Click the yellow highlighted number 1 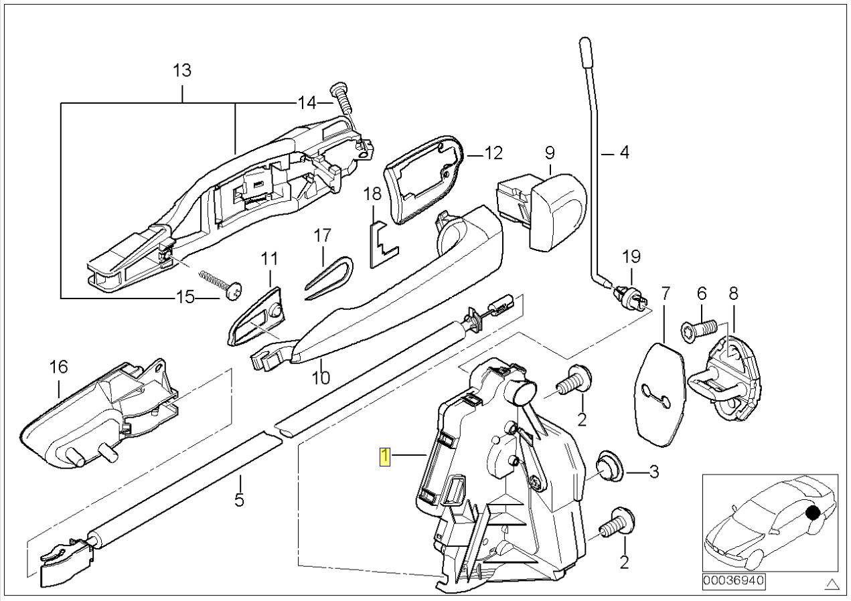click(x=385, y=457)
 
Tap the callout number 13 click(x=182, y=70)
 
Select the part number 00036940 click(x=734, y=582)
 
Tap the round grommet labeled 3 click(x=609, y=466)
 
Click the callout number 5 click(x=239, y=499)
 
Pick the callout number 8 click(x=733, y=292)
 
